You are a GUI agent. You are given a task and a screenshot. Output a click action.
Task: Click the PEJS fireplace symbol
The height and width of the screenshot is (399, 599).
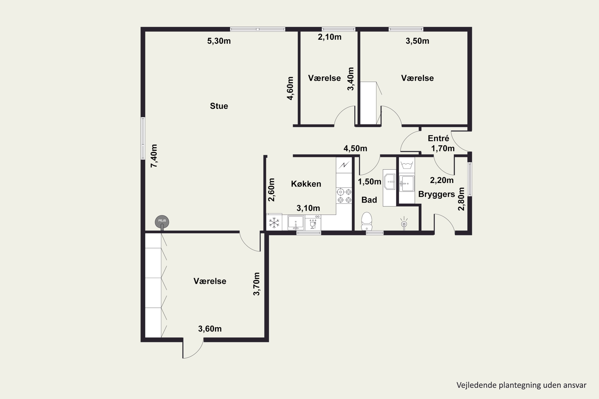162,222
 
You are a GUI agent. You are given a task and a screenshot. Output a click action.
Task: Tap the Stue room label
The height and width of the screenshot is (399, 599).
219,106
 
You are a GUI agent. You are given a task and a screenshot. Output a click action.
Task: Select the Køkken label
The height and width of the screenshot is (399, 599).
306,184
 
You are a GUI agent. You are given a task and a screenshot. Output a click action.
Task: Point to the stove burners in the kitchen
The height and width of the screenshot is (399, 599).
344,196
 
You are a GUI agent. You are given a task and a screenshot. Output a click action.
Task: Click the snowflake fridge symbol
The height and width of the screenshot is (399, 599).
274,223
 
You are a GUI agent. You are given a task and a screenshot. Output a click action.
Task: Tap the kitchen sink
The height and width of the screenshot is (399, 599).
296,223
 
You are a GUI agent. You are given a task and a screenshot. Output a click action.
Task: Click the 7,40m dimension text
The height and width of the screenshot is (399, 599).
154,156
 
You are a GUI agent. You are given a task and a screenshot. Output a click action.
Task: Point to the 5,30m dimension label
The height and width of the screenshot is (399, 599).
219,41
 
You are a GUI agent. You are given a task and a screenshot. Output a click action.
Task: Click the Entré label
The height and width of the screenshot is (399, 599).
438,138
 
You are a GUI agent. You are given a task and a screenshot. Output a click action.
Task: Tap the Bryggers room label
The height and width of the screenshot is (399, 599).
436,194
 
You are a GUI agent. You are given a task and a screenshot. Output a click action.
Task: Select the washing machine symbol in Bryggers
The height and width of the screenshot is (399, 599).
407,165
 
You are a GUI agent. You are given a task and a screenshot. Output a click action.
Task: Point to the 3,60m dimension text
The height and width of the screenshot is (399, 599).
210,329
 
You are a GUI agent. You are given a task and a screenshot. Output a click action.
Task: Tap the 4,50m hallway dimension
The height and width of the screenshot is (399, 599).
355,148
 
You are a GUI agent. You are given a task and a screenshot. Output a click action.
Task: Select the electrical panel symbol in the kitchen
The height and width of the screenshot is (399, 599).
344,165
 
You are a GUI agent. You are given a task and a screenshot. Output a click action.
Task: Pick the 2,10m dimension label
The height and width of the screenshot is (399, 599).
330,37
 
